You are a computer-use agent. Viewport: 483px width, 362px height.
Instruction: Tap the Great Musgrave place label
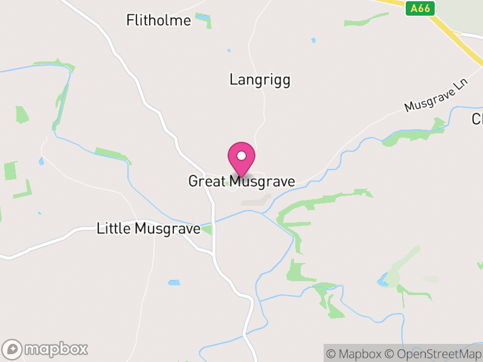[x=241, y=181]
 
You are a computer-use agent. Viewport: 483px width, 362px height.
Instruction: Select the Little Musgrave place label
[x=149, y=229]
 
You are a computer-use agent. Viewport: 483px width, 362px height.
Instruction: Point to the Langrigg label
[x=260, y=80]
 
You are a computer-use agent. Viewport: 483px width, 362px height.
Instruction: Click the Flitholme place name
[x=159, y=21]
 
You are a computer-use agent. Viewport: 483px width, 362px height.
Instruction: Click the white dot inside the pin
[x=241, y=156]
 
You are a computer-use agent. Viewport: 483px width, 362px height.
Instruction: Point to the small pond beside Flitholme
[x=202, y=17]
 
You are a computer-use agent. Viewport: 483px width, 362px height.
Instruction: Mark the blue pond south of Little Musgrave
[x=174, y=282]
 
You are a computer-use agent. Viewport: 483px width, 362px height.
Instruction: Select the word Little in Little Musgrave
[x=114, y=229]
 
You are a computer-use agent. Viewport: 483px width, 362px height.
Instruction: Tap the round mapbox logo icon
[x=13, y=349]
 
